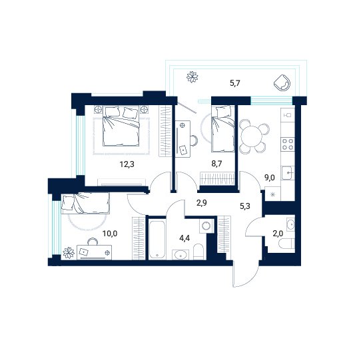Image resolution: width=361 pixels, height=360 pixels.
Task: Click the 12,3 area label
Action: click(x=127, y=164)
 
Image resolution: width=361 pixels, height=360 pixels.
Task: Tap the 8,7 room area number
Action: click(x=216, y=164)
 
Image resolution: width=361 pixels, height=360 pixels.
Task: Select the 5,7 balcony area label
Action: click(x=235, y=83)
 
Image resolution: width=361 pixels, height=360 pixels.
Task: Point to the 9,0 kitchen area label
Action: click(x=270, y=178)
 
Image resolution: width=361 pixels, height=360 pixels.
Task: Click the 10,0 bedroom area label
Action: click(x=110, y=234)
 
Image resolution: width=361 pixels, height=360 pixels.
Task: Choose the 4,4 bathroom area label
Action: click(x=184, y=238)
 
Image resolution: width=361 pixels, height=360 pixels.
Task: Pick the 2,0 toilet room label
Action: click(x=278, y=234)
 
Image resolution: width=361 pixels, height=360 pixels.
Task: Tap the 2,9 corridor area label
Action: click(x=201, y=203)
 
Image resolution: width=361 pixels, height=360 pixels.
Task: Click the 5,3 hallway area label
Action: click(x=245, y=206)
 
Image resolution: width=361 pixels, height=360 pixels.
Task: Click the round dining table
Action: click(x=251, y=136)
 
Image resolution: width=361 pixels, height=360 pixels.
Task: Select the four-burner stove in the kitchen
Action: click(x=288, y=144)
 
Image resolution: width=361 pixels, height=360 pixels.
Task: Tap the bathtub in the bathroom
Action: click(x=157, y=240)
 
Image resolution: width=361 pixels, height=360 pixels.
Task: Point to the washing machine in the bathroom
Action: click(x=206, y=226)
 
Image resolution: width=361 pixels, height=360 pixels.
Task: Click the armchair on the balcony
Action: click(x=282, y=83)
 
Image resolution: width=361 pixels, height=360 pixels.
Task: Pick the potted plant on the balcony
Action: click(x=192, y=77)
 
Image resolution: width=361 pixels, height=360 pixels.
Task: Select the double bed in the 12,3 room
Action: click(x=121, y=126)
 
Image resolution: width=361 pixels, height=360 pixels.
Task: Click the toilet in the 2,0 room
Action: click(x=286, y=244)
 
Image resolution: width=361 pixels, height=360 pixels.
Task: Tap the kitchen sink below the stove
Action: click(x=288, y=173)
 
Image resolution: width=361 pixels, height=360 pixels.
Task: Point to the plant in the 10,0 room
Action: click(x=69, y=253)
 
